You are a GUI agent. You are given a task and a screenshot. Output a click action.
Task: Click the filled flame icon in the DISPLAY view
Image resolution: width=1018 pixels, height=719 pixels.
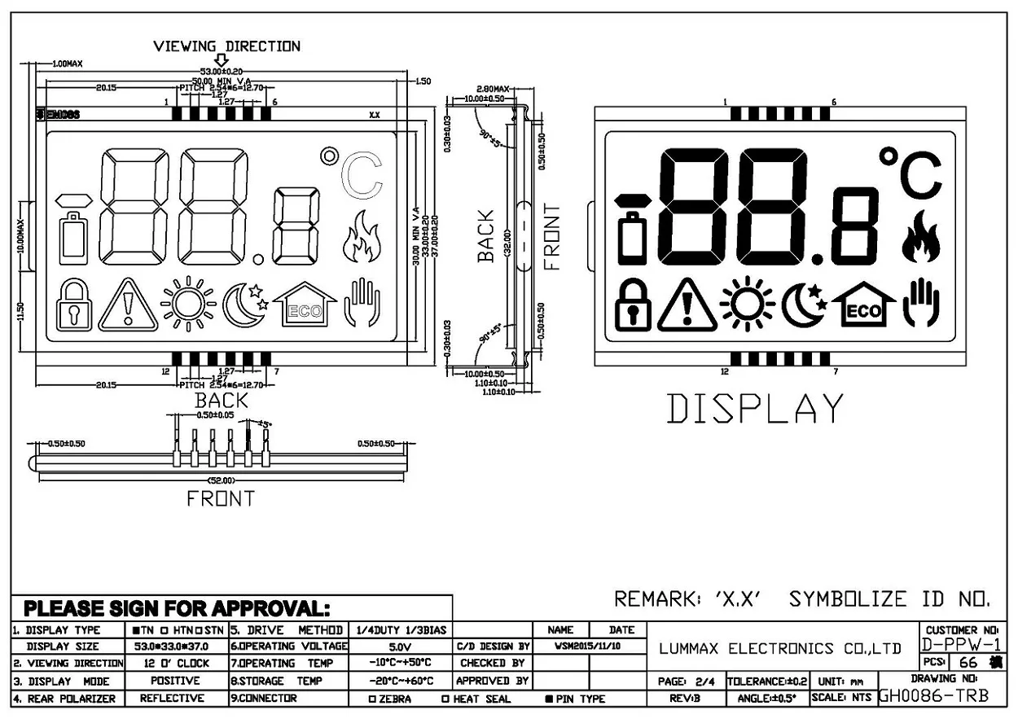coord(921,238)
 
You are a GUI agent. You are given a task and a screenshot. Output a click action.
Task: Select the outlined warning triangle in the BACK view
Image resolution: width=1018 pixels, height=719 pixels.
coord(127,306)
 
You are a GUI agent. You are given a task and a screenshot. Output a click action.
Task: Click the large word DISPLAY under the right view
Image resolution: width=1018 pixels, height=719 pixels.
coord(755,409)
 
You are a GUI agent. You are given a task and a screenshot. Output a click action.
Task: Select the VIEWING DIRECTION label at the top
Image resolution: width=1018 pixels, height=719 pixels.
coord(226,46)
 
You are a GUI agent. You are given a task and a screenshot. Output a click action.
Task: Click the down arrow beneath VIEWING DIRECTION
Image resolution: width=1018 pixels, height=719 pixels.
coord(221,60)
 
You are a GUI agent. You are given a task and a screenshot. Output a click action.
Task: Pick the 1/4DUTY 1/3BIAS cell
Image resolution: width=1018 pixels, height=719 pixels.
coord(400,630)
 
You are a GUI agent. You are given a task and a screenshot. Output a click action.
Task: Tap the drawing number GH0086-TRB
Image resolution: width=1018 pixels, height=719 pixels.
coord(934,697)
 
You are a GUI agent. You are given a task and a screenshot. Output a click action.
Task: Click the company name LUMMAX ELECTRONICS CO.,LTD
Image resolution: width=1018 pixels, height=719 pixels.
coord(780,649)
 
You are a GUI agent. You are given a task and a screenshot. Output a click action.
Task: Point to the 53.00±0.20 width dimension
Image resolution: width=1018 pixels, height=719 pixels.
coord(222,72)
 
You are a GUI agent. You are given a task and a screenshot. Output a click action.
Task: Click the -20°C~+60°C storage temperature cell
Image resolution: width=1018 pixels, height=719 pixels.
coord(400,681)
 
